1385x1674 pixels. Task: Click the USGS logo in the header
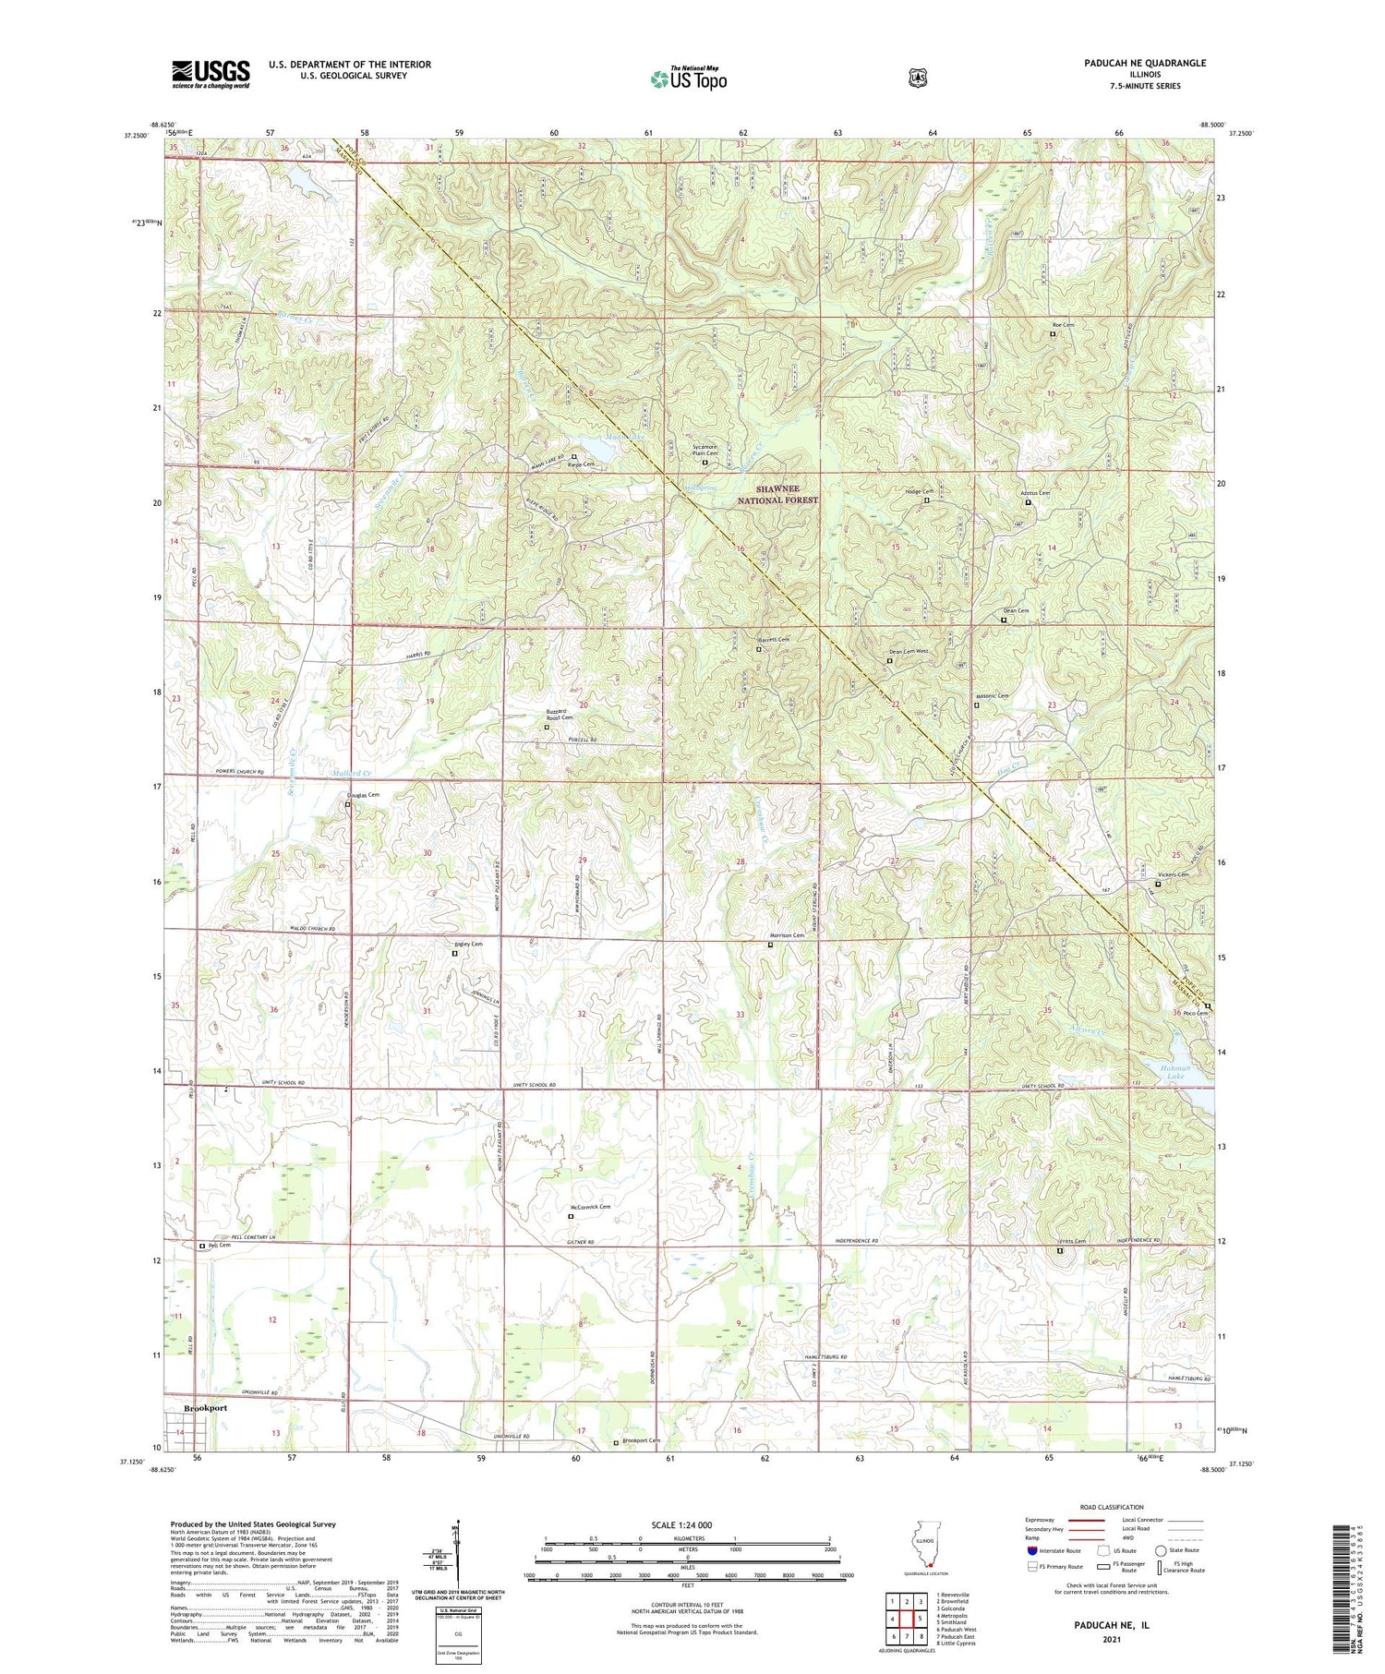coord(211,74)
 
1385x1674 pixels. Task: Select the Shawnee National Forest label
coord(787,494)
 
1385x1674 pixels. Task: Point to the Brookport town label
coord(205,1408)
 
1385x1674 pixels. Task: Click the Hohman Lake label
coord(1174,1071)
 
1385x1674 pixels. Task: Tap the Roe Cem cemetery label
coord(1063,325)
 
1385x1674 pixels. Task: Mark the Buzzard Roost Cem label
coord(560,714)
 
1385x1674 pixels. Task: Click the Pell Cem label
coord(219,1246)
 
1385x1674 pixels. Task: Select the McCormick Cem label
coord(590,1207)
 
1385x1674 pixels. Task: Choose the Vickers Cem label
coord(1173,874)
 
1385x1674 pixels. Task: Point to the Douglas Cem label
coord(362,794)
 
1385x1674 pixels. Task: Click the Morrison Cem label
coord(787,935)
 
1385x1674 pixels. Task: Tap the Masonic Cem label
coord(992,695)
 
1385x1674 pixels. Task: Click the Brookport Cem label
coord(641,1440)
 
